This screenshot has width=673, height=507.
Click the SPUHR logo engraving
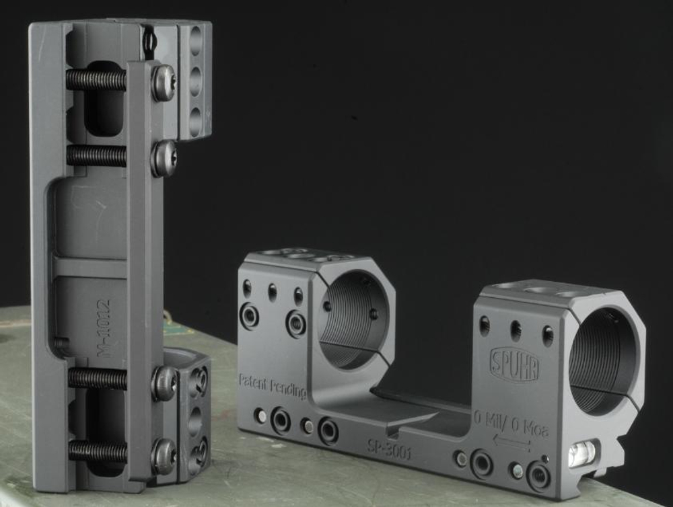coord(514,365)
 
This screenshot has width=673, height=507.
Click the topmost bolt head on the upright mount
coord(163,82)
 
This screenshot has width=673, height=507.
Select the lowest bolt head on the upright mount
coord(163,456)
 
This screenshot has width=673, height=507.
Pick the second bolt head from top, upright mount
coord(164,158)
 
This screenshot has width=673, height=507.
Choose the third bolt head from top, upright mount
coord(164,383)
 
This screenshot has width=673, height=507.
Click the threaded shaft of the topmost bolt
coord(96,80)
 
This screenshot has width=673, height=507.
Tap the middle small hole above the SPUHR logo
coord(516,329)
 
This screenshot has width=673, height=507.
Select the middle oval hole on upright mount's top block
coord(196,81)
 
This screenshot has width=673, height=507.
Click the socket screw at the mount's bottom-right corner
coord(538,475)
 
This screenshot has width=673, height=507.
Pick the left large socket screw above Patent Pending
coord(249,315)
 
